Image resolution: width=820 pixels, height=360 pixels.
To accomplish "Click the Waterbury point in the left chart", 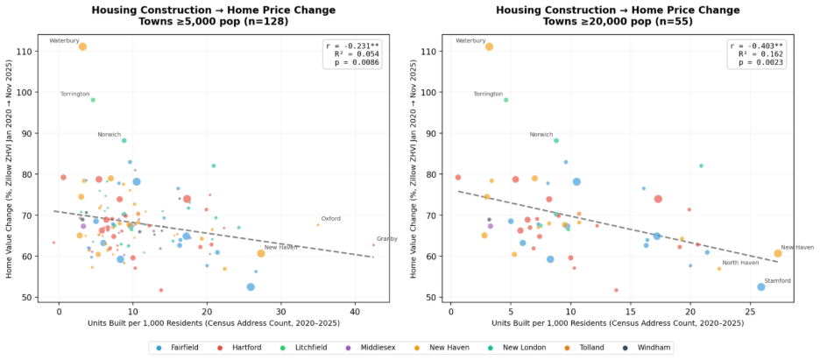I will tap(82, 46).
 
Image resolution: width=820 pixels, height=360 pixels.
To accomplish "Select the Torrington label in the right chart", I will tap(489, 94).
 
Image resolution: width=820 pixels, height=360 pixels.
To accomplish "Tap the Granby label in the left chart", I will tap(386, 239).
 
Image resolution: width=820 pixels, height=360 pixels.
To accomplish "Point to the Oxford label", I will tap(330, 218).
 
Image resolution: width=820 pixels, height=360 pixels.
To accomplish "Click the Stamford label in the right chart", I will tap(778, 280).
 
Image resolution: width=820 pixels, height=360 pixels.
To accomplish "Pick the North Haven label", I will tap(740, 263).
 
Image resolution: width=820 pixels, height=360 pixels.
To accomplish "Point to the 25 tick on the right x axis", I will tap(750, 312).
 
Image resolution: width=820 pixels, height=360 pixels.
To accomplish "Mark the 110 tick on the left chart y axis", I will tap(25, 52).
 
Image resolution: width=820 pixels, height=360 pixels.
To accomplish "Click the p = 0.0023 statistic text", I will tap(760, 62).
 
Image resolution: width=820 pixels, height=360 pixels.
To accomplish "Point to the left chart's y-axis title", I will tap(9, 169).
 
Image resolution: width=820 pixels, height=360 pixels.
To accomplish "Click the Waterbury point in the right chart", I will tap(490, 46).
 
